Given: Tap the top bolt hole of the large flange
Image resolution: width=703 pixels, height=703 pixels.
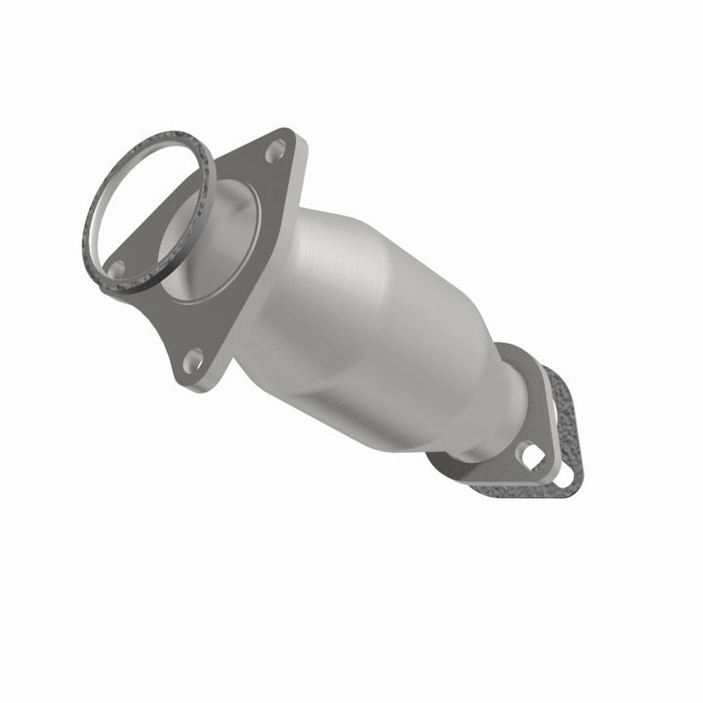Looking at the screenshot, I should pyautogui.click(x=275, y=149).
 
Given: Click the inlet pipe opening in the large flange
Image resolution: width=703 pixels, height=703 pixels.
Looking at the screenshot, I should pyautogui.click(x=210, y=244).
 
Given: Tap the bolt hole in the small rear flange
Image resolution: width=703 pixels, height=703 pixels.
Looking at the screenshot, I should pyautogui.click(x=532, y=455).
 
